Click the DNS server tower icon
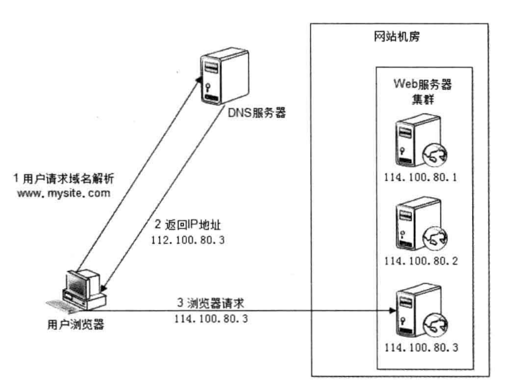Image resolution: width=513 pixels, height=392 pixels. point(224,76)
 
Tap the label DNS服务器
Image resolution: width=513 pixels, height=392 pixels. point(256,113)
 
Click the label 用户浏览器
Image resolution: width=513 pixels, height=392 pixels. point(76,324)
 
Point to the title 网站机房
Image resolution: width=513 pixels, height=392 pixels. point(397,37)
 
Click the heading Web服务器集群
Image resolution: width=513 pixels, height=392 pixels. point(423,91)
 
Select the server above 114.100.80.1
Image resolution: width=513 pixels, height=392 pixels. point(421,141)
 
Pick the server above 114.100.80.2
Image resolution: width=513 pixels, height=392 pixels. point(421,223)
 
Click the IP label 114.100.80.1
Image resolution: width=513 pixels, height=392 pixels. point(420,177)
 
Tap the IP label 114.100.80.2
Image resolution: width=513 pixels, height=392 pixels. point(421,261)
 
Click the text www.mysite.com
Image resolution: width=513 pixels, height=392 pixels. point(63,193)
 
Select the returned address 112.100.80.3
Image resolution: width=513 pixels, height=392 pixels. point(188,240)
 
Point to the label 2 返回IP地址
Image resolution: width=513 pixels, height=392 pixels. point(188,225)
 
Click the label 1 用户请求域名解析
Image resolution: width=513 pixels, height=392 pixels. point(63,178)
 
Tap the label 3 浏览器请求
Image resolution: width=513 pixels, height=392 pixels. point(211,303)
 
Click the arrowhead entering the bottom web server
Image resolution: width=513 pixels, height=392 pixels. point(392,310)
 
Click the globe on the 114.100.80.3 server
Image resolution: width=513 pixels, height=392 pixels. point(435,325)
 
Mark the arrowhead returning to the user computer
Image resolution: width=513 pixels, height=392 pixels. point(103,288)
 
